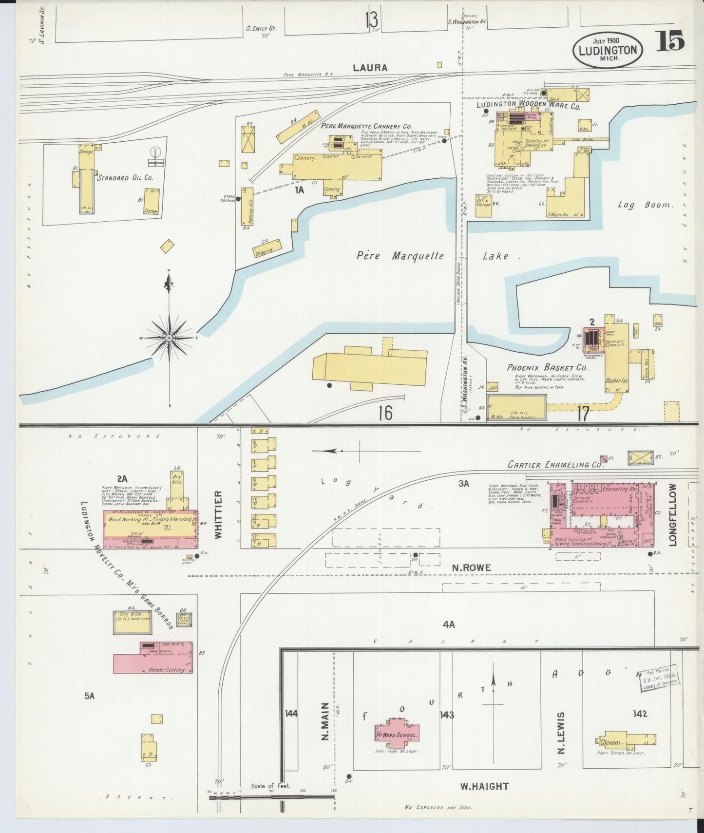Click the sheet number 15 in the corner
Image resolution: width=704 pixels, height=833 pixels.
670,41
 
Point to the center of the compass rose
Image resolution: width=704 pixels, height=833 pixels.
169,338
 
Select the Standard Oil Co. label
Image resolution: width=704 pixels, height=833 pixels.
125,178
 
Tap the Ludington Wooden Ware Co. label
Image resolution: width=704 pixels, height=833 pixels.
528,105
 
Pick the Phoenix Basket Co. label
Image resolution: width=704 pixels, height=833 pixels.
547,368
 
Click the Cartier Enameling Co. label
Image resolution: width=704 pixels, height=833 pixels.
555,465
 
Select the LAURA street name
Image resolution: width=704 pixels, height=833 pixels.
370,68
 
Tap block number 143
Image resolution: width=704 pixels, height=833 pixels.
447,715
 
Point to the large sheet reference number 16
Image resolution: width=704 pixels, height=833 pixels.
385,413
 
